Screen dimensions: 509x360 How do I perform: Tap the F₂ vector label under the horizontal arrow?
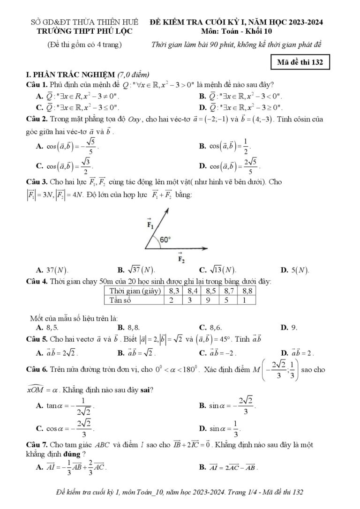click(x=180, y=257)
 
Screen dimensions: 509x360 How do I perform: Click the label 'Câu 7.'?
click(x=37, y=444)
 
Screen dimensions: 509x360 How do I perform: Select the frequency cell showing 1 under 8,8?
click(x=248, y=299)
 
